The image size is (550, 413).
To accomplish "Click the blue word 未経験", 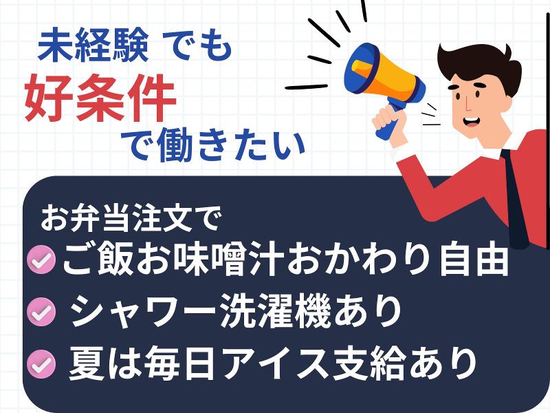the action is coord(93,45).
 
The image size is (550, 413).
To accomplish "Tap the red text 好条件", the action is coord(100,98).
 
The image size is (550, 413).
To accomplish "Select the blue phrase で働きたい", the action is coord(212,146).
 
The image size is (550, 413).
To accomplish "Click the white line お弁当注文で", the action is coord(131,218).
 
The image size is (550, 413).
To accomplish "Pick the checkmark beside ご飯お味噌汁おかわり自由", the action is coord(42,260).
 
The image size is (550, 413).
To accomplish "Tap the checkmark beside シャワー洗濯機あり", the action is coord(42,312).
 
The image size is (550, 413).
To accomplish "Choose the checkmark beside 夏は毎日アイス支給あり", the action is coord(42,364).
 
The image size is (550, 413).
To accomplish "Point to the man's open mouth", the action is coord(471,122).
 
